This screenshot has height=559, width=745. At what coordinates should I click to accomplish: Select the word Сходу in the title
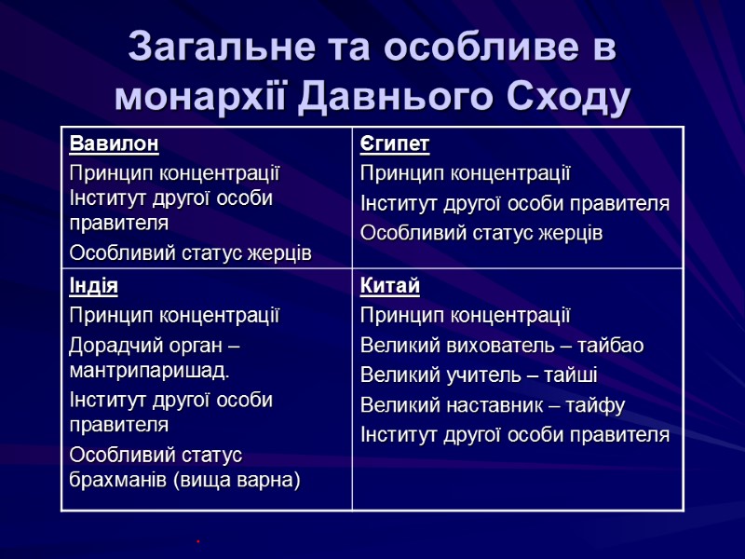(567, 95)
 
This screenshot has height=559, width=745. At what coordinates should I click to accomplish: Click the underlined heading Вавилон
(114, 144)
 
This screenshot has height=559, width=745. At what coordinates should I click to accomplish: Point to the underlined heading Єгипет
(395, 144)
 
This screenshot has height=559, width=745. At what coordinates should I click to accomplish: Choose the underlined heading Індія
(93, 286)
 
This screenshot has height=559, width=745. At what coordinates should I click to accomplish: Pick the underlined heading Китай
(389, 286)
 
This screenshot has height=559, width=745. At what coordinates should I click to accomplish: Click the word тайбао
(610, 346)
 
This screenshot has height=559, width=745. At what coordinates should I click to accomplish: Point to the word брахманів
(115, 480)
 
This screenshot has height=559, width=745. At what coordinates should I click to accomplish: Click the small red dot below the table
(198, 539)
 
